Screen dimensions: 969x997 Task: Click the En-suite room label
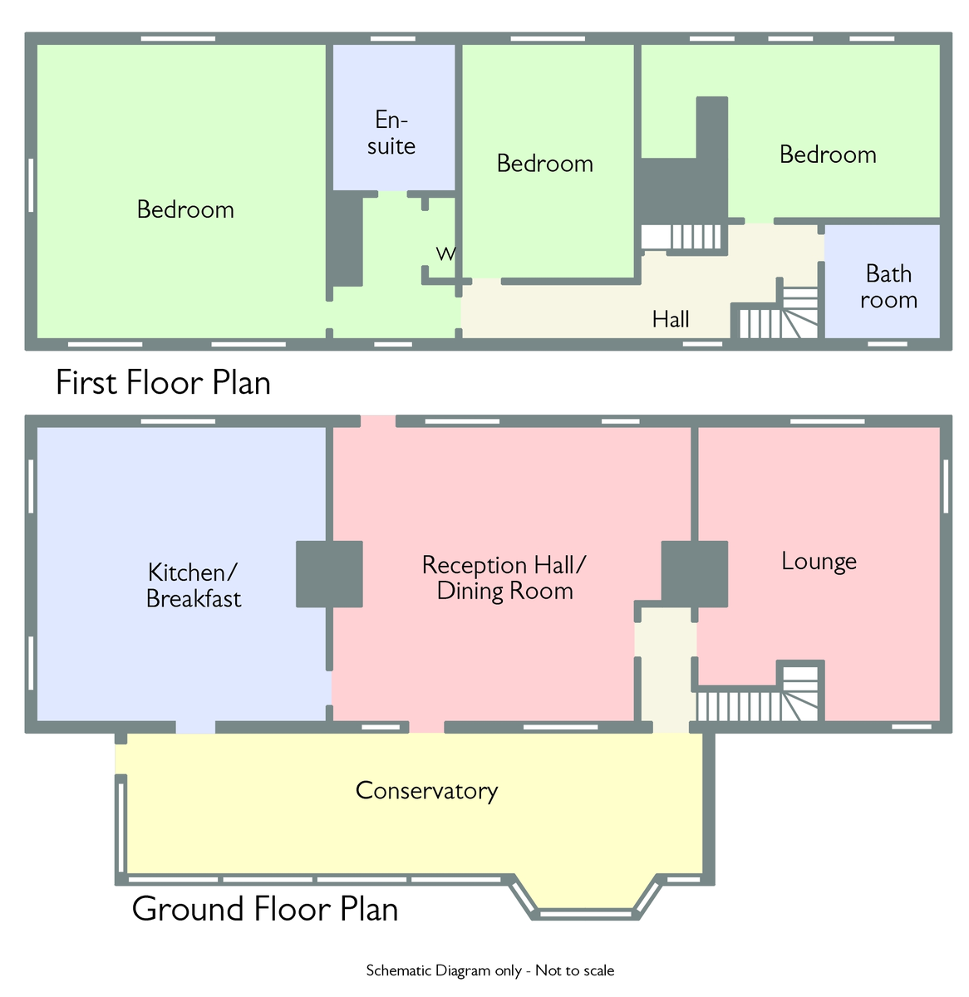tap(391, 133)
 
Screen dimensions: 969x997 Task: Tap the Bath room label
tap(888, 287)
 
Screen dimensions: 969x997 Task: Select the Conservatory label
tap(426, 791)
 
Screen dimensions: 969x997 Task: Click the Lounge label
tap(819, 562)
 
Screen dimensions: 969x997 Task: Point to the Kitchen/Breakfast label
tap(193, 585)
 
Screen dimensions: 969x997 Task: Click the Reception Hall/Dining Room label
tap(504, 578)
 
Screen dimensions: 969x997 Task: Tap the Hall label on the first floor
tap(671, 319)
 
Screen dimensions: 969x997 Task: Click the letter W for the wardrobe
tap(445, 253)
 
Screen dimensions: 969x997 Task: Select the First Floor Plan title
tap(163, 382)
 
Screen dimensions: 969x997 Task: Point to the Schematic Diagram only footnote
tap(489, 970)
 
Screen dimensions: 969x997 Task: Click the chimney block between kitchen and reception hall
tap(329, 574)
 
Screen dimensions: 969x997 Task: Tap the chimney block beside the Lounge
tap(694, 574)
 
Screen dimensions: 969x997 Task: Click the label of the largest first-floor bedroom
tap(185, 209)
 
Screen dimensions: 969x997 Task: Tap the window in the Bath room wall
tap(888, 344)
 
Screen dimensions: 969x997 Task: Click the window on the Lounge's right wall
tap(946, 486)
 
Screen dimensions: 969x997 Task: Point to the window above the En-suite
tap(392, 38)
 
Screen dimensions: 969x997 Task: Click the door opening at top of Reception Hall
tap(378, 421)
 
